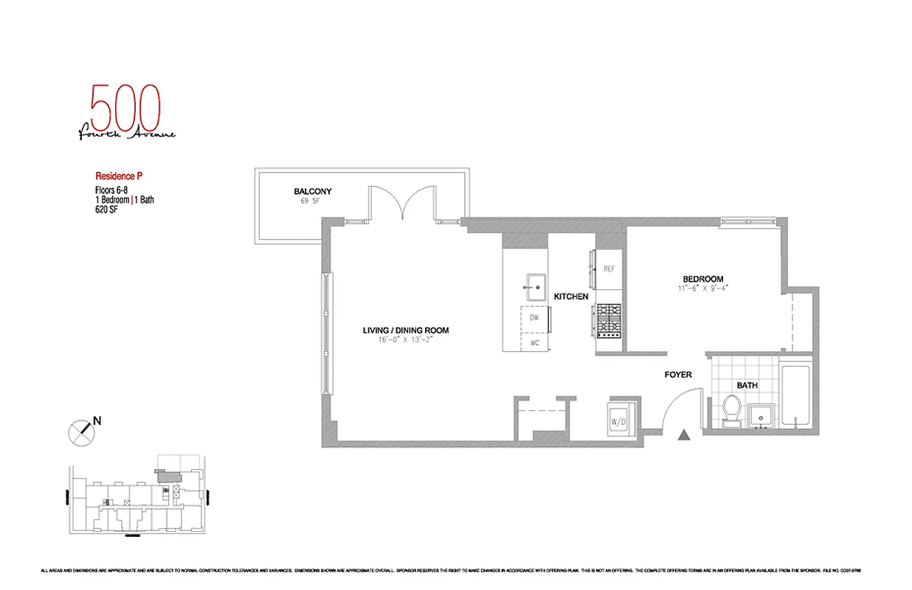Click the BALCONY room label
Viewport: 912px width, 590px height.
tap(312, 192)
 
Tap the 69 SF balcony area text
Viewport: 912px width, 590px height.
tap(312, 201)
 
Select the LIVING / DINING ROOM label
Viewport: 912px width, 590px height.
tap(405, 330)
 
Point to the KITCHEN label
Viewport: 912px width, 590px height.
tap(571, 296)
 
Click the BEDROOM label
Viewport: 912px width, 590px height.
tap(702, 279)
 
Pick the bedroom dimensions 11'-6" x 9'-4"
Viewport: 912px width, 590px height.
tap(702, 288)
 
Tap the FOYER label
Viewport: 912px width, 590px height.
tap(677, 375)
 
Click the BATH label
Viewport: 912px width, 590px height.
tap(747, 386)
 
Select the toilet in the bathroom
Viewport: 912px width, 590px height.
tap(732, 410)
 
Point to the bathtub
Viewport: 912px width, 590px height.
tap(796, 395)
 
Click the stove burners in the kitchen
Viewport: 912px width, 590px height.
tap(610, 321)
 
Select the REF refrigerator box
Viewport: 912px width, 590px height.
tap(609, 269)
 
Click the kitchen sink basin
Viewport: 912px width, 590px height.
tap(534, 286)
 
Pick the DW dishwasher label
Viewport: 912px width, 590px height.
tap(534, 317)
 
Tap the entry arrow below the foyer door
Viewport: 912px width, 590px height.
tap(684, 436)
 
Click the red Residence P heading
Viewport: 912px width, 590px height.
tap(118, 176)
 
